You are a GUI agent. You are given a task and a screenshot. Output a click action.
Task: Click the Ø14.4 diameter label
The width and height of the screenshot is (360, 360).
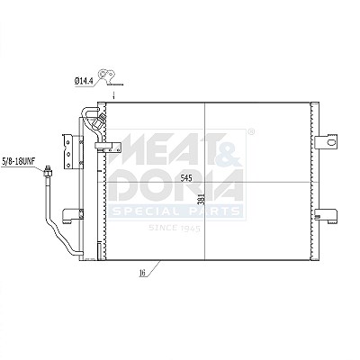[84, 81]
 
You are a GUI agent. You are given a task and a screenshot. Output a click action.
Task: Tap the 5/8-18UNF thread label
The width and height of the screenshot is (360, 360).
[19, 161]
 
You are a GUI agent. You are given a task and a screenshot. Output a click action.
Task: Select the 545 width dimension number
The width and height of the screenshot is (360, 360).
[186, 178]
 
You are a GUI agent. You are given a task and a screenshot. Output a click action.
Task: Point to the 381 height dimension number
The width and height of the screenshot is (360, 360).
[202, 199]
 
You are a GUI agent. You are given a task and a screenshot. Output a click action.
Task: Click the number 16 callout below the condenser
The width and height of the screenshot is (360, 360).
[142, 273]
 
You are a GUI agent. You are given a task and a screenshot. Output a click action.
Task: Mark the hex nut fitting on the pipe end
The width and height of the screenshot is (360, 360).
[48, 172]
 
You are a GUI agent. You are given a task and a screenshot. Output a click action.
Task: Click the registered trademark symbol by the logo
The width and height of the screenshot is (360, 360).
[252, 131]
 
